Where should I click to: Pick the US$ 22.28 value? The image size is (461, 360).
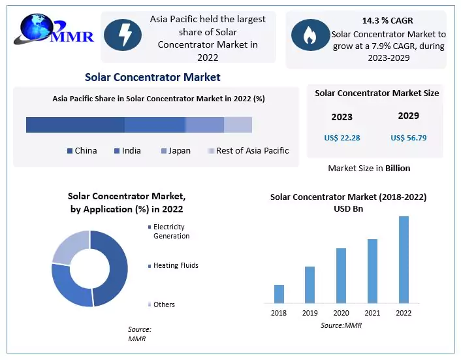pos(342,138)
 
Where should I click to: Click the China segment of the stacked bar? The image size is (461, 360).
pos(75,125)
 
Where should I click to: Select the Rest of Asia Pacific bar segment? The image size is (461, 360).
pos(238,125)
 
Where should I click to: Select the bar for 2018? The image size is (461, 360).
pos(279,294)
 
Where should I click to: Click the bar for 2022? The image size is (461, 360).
pos(404,259)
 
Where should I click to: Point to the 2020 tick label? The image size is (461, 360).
pos(341,313)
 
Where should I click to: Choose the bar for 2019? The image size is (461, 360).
pos(310,285)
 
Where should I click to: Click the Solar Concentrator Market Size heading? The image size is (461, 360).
pos(377,93)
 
